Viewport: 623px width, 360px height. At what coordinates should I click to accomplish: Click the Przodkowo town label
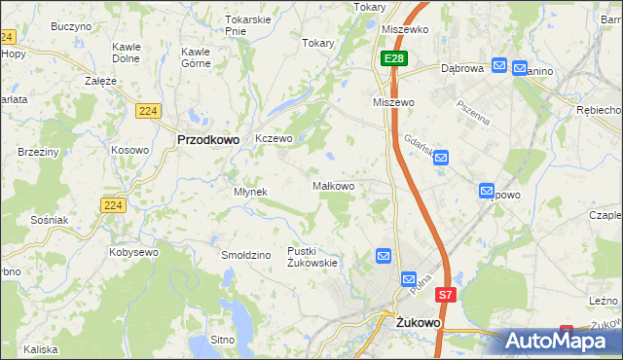pos(208,139)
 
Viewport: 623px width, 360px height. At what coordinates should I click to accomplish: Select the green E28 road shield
pos(392,60)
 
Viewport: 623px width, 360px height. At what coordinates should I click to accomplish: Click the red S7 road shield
pos(445,294)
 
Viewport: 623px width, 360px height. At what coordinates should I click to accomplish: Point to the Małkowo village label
pos(332,185)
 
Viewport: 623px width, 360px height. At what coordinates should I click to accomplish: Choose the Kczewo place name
pos(274,139)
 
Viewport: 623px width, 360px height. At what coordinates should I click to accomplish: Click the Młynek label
pos(250,192)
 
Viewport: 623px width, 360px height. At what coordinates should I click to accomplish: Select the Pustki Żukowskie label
pos(311,257)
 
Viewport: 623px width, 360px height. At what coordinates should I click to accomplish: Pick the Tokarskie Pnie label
pos(247,24)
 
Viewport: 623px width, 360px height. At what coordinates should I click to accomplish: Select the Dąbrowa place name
pos(461,69)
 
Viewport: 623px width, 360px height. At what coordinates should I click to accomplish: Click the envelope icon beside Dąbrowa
pos(499,65)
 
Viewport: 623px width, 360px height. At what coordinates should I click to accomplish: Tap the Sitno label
pos(223,341)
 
